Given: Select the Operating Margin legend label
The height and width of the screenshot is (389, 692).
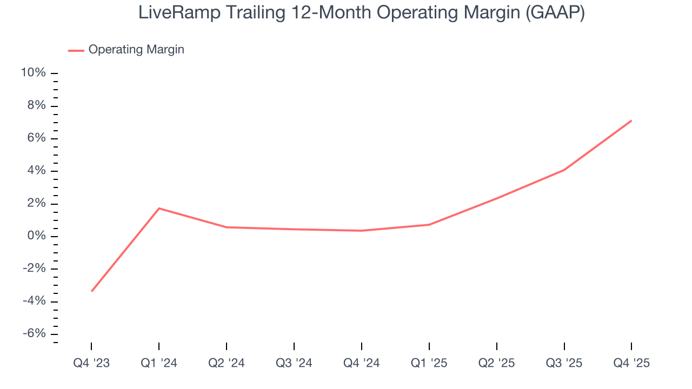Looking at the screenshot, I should [x=136, y=50].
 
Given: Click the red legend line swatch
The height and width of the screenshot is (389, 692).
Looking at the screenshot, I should [x=76, y=50].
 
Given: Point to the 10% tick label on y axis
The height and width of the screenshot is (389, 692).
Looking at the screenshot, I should [x=33, y=73].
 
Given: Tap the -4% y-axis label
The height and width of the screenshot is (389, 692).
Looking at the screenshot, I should [x=34, y=301].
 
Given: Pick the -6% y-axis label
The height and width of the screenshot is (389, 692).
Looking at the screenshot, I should [x=34, y=334].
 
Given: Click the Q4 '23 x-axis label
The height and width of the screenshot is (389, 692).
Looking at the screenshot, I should [x=91, y=363].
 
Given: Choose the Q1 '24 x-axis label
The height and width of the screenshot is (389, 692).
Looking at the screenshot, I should [x=159, y=363].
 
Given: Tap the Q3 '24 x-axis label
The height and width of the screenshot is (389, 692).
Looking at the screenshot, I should [x=294, y=363].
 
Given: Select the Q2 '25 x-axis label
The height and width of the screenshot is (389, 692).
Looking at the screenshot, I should [x=497, y=363].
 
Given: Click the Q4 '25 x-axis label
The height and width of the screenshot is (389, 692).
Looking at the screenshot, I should [x=631, y=363].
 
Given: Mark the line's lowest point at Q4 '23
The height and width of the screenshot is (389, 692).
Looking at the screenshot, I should [x=92, y=291].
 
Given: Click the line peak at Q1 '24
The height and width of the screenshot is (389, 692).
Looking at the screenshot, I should [x=159, y=208].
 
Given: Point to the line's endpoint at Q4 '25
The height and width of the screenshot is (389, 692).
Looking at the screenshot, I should [x=631, y=120].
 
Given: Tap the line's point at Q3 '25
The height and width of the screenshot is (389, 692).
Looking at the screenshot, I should [x=564, y=170].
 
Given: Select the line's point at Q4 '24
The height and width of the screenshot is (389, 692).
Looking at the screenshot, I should [x=362, y=231].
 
